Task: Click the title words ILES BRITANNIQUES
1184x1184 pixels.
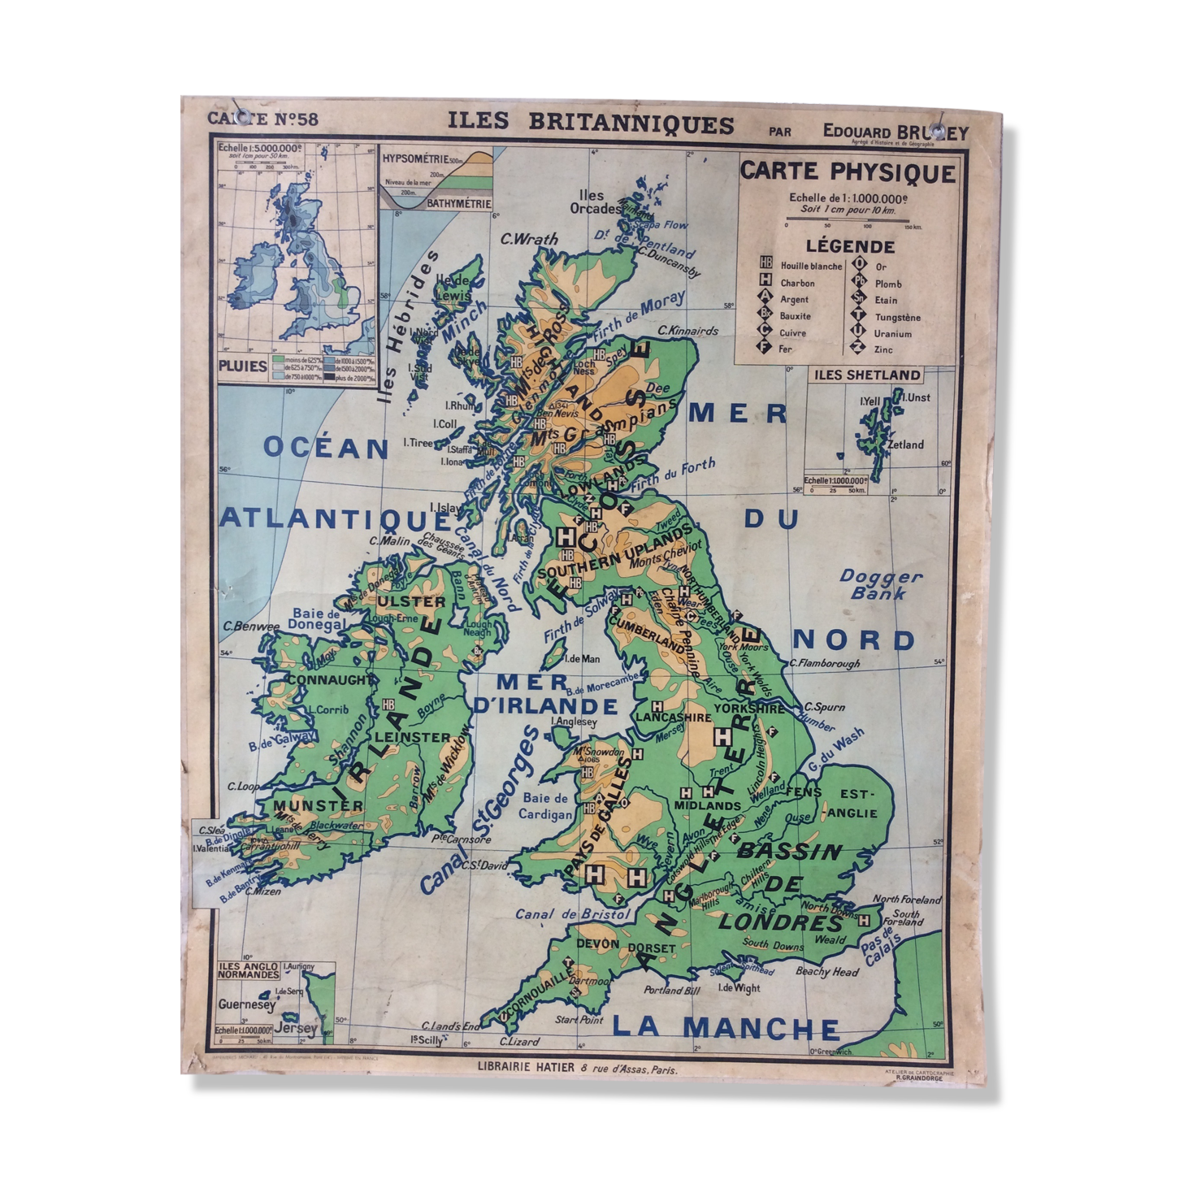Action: coord(591,124)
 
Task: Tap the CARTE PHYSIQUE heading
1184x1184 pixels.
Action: coord(848,172)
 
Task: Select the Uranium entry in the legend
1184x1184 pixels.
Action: coord(892,333)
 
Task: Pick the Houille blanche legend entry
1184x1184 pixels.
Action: coord(810,266)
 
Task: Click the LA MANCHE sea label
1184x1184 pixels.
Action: coord(726,1028)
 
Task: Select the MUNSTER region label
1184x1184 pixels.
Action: coord(308,805)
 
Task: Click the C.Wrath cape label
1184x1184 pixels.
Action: coord(529,239)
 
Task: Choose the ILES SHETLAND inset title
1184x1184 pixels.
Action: coord(867,375)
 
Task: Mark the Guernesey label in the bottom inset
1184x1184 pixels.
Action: coord(246,1004)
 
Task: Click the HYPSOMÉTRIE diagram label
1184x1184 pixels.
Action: coord(415,159)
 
